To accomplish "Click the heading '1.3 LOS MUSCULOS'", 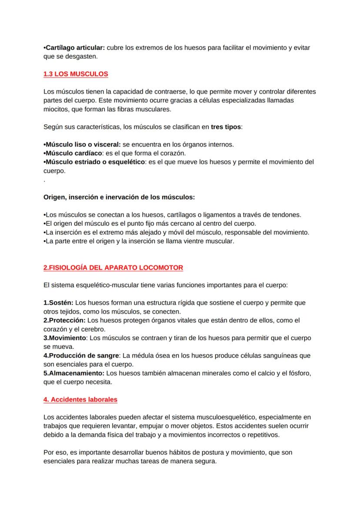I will pyautogui.click(x=76, y=74).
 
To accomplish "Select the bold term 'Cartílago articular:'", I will pyautogui.click(x=74, y=47).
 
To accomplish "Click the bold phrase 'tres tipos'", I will pyautogui.click(x=226, y=127).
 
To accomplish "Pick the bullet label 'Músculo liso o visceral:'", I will pyautogui.click(x=81, y=144).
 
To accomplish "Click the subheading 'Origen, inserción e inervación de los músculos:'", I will pyautogui.click(x=119, y=197).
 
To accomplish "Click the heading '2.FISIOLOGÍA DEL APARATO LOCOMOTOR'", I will pyautogui.click(x=113, y=268).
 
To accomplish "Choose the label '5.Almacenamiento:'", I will pyautogui.click(x=74, y=373).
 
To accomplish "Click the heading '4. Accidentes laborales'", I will pyautogui.click(x=80, y=399).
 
